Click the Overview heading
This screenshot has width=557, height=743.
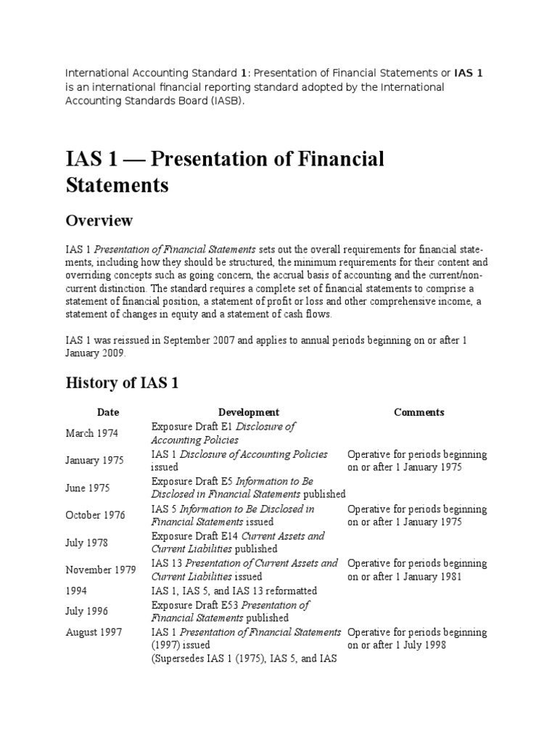point(99,220)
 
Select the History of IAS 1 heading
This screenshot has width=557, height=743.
point(122,383)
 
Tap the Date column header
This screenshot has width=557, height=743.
point(108,412)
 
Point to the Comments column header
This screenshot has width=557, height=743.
point(418,412)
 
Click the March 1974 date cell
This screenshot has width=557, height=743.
point(92,433)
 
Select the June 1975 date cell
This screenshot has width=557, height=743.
point(88,488)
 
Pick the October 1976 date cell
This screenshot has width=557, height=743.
point(95,515)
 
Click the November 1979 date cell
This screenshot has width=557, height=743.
point(100,570)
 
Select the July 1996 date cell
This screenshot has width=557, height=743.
point(88,611)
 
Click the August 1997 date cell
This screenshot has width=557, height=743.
point(94,632)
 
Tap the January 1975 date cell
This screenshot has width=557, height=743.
point(94,461)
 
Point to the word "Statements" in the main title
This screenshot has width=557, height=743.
point(117,185)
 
